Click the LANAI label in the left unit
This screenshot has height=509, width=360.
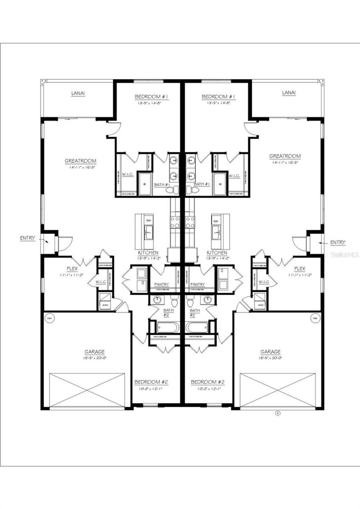(78, 93)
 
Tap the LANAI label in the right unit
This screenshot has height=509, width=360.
(289, 93)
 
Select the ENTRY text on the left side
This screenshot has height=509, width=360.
(27, 238)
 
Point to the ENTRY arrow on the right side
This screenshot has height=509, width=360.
(320, 243)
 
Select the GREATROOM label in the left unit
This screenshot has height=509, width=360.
(80, 161)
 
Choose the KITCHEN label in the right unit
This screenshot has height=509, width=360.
(217, 253)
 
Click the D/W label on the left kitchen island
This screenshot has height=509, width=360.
(148, 221)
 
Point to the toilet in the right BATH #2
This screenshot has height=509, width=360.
(191, 302)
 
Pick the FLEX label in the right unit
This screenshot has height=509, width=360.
(300, 269)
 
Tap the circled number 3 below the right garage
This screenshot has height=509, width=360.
(277, 413)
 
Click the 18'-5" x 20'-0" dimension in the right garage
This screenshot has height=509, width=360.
(270, 358)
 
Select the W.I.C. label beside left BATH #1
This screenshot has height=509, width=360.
(127, 174)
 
